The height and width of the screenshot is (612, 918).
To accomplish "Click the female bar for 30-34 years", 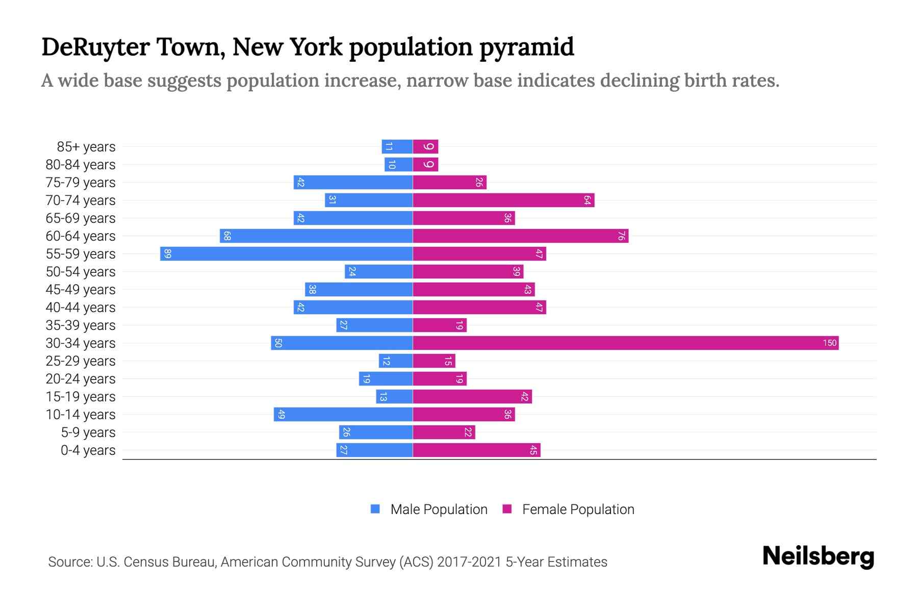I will coord(625,343).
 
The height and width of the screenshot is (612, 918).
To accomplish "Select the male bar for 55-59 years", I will coord(286,254).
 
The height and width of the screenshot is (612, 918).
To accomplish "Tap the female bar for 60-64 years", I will coord(520,236).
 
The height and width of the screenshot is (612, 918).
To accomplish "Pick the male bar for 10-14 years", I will coord(343,415).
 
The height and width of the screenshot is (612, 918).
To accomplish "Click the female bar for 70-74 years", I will coord(503,200).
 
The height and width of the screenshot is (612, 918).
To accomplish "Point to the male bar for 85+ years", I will coord(397,147).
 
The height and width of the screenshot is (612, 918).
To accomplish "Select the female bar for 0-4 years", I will coord(476,450).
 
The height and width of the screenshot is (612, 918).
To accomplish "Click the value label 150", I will coord(829,343).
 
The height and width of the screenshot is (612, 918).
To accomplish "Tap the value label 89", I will coord(168,254).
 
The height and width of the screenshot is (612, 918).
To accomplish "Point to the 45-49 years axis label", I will coord(81,290).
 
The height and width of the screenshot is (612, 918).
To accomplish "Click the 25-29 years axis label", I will coord(81,361).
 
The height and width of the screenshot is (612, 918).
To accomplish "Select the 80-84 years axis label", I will coord(81,165).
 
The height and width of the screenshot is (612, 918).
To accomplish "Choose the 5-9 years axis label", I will coord(88,432).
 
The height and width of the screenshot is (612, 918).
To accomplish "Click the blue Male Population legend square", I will coord(375,509).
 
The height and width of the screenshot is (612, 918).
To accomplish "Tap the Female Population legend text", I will coord(578,509).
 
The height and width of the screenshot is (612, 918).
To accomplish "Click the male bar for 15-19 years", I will coord(394,397).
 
